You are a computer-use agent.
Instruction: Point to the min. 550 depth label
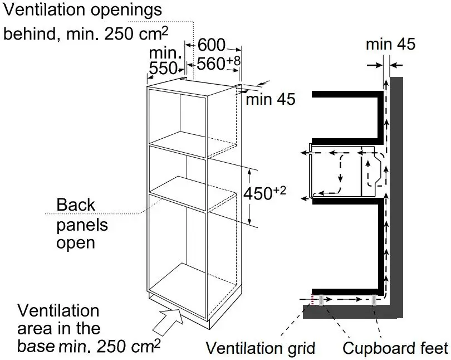point(166,61)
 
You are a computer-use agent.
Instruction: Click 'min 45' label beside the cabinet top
point(271,99)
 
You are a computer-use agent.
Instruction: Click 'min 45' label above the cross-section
point(390,45)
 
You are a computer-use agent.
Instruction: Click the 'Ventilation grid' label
point(261,348)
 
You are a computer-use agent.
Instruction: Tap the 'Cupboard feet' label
point(395,348)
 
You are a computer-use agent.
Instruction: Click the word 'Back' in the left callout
point(76,205)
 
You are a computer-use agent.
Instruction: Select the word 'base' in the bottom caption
point(36,347)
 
